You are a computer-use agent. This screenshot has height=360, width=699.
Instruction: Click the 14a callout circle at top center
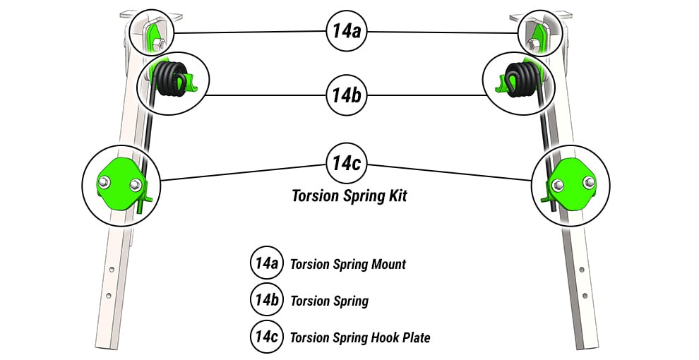click(346, 31)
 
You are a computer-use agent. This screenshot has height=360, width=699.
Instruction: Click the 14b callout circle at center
click(346, 95)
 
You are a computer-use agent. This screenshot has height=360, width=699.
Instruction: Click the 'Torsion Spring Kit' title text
click(349, 196)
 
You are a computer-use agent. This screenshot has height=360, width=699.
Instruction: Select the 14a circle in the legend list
click(266, 264)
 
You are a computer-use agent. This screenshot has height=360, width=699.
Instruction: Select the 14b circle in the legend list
click(266, 301)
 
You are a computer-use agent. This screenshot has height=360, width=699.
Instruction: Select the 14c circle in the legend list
click(266, 337)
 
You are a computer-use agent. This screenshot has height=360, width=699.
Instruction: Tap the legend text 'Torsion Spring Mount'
click(348, 265)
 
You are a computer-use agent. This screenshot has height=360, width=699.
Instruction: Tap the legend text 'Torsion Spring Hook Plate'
click(360, 338)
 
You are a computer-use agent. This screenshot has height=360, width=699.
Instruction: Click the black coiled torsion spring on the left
click(170, 79)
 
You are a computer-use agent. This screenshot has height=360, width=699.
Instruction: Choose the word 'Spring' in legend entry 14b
click(352, 301)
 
